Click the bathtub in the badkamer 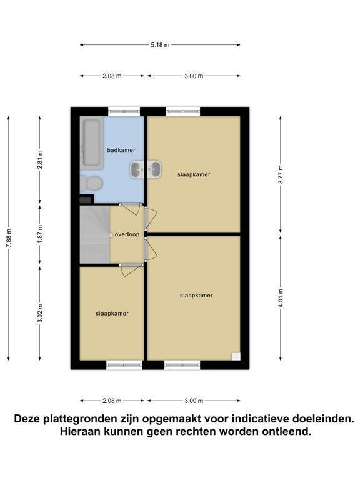coord(91,143)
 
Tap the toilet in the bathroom coord(91,183)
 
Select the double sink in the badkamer coord(146,169)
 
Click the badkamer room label coord(121,150)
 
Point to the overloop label coord(127,234)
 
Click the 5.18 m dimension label coord(160,45)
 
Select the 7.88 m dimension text coord(9,239)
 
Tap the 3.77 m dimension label coord(281,174)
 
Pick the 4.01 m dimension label coord(281,299)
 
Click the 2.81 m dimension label coord(40,159)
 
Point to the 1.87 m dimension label coord(40,234)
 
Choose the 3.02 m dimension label coord(40,313)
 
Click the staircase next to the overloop coord(95,234)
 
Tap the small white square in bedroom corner coord(236,356)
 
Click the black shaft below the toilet coord(86,199)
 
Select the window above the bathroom coord(124,111)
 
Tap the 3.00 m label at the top coord(194,76)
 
